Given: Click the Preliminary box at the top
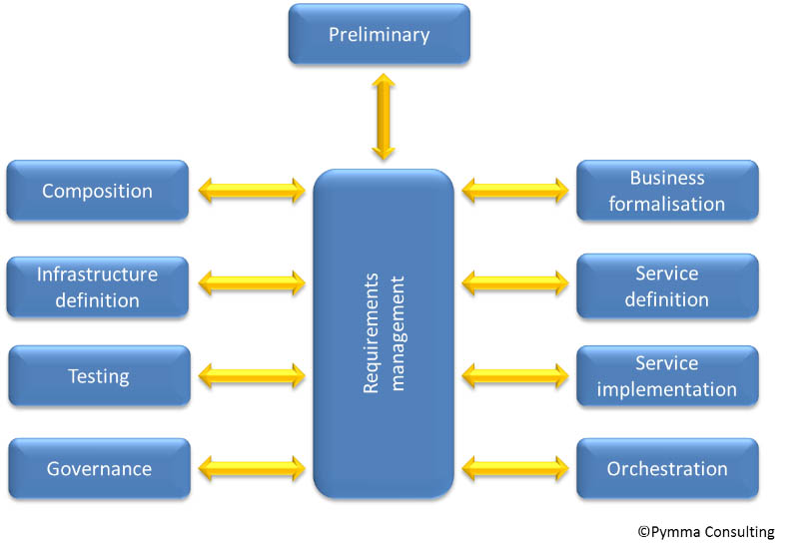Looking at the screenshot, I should [379, 35].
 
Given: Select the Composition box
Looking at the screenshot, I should [97, 190].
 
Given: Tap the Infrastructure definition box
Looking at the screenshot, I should [97, 286].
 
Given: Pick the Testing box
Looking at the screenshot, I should [98, 376].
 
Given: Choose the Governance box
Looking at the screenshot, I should [98, 468].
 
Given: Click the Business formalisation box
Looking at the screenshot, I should [666, 190].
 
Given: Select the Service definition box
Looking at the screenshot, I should [666, 286].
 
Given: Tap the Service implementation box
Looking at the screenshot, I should [666, 376].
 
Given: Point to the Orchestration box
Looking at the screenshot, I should [666, 468].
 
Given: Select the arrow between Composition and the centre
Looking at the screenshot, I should [252, 190].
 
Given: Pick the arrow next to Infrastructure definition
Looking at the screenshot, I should [252, 283].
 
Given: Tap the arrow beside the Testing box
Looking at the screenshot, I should [252, 375].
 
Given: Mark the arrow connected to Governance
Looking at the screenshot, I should [252, 467].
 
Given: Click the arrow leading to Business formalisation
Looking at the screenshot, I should [515, 190].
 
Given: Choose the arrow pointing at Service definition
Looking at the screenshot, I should [515, 283].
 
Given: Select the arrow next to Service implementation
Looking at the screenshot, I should [515, 375].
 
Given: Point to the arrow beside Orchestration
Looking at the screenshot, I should [515, 467].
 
